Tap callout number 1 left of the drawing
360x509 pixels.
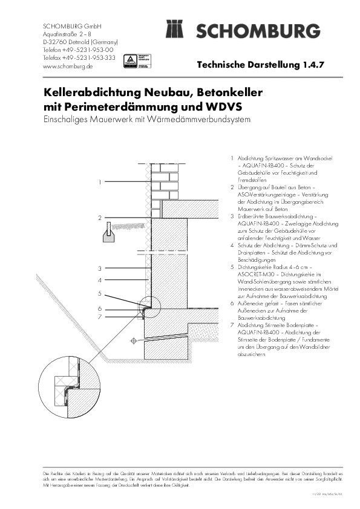coord(100,181)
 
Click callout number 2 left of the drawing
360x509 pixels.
coord(100,216)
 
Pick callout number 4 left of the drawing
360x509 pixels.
coord(100,280)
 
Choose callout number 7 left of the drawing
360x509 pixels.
coord(100,316)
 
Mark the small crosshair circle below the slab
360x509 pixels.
coord(133,342)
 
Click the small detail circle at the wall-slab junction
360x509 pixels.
coord(148,303)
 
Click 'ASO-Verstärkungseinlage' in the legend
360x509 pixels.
coord(264,195)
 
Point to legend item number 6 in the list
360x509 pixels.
coord(233,303)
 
